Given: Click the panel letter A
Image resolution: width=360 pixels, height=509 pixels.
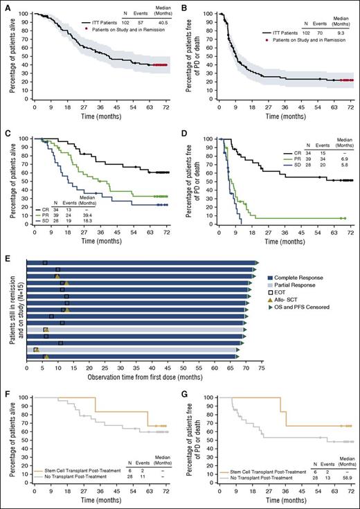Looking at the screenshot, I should point(5,5).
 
